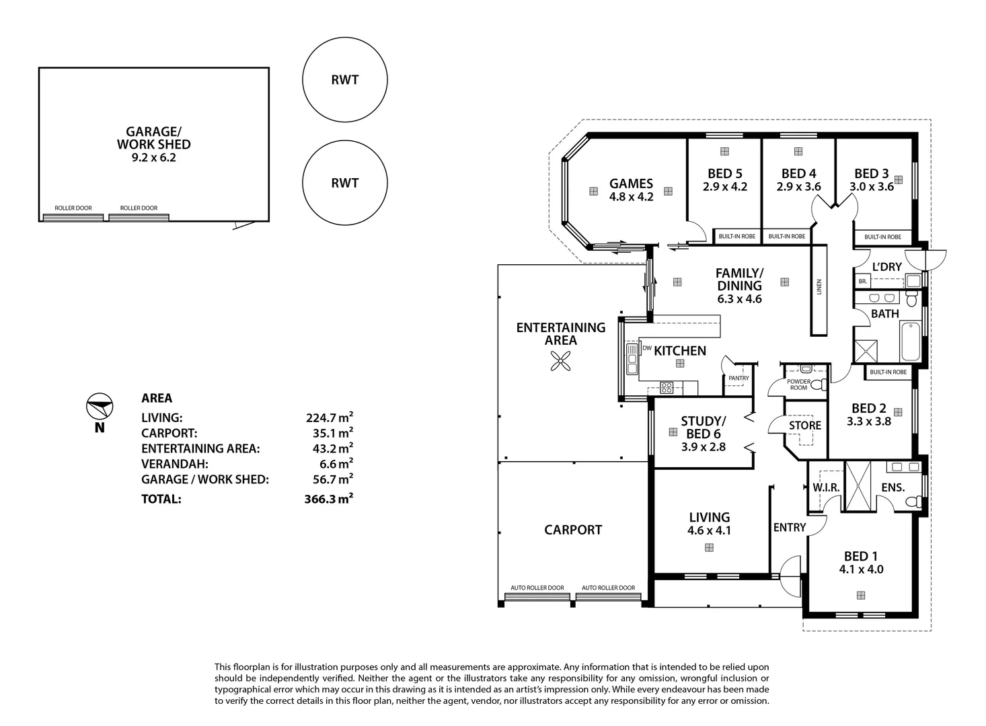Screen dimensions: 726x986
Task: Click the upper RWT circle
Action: tap(344, 80)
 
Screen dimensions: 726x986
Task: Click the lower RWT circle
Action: tap(344, 183)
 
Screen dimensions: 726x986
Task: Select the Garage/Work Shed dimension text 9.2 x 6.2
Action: tap(153, 158)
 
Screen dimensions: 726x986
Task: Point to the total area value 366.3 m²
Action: tap(328, 499)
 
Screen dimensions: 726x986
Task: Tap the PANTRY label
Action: tap(738, 378)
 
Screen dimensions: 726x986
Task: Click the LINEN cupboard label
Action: tap(819, 287)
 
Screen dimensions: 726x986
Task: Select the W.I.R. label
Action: tap(826, 487)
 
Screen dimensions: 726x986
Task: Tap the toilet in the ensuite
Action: tap(913, 501)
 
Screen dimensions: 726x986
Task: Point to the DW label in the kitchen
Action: tap(646, 348)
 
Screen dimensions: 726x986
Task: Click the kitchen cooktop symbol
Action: tap(666, 387)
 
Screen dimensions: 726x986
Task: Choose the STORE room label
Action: tap(804, 426)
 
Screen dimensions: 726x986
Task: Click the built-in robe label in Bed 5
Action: tap(736, 237)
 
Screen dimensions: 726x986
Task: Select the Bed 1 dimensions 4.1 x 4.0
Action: tap(861, 569)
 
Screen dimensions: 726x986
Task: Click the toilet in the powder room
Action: tap(817, 385)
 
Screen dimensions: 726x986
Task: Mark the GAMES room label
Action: tap(631, 184)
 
